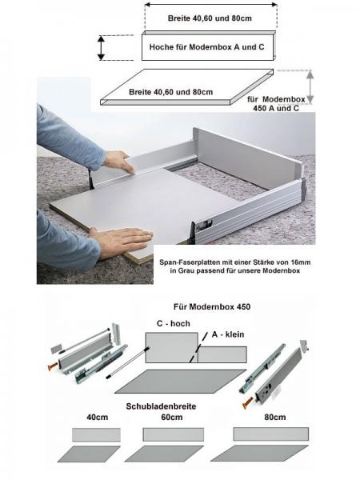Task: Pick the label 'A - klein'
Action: [x=226, y=336]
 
